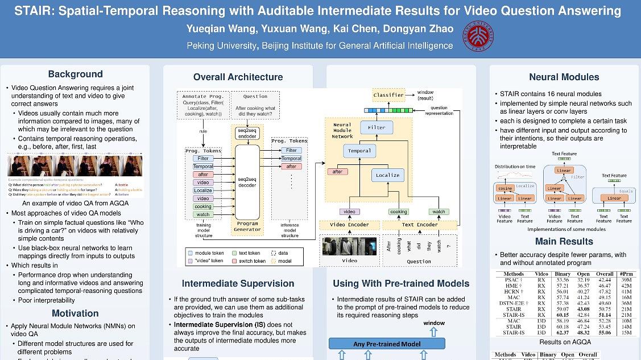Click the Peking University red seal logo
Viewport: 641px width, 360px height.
coord(478,36)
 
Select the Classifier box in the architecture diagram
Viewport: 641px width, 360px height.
coord(389,95)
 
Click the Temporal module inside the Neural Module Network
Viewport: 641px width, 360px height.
coord(359,151)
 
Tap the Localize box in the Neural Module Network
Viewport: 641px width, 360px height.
coord(387,175)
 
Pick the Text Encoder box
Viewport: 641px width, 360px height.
coord(420,225)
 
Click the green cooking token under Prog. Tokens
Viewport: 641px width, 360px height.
coord(202,206)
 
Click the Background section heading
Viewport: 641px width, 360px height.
coord(75,74)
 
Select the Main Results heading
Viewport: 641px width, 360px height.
coord(564,242)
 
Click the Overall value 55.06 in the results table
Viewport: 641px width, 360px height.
coord(604,332)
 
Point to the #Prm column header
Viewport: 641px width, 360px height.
coord(627,274)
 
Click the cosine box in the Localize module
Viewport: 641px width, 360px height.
coord(505,188)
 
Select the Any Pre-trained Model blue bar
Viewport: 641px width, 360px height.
coord(387,344)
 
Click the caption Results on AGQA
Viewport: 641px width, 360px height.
coord(565,342)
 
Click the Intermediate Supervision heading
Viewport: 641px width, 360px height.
coord(238,283)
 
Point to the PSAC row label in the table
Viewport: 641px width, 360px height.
coord(514,280)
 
